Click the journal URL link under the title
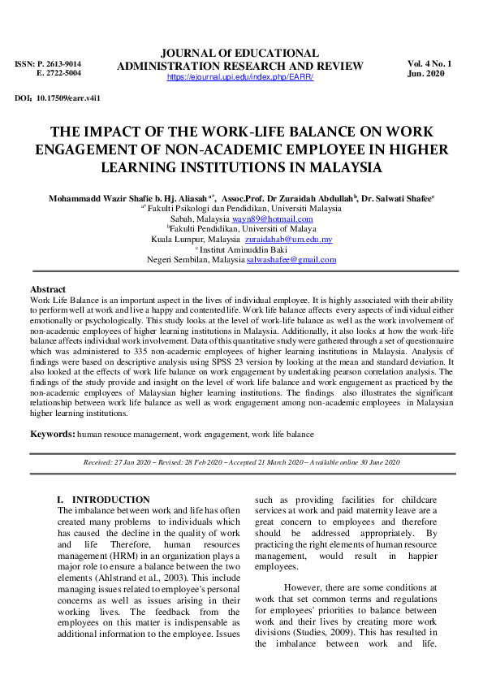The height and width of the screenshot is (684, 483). (x=239, y=76)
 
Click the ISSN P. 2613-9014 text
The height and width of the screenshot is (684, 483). (x=48, y=63)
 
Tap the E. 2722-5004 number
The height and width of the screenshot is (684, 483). (x=59, y=72)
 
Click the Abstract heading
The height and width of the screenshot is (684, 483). (x=48, y=289)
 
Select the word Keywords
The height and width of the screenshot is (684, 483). (x=52, y=434)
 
